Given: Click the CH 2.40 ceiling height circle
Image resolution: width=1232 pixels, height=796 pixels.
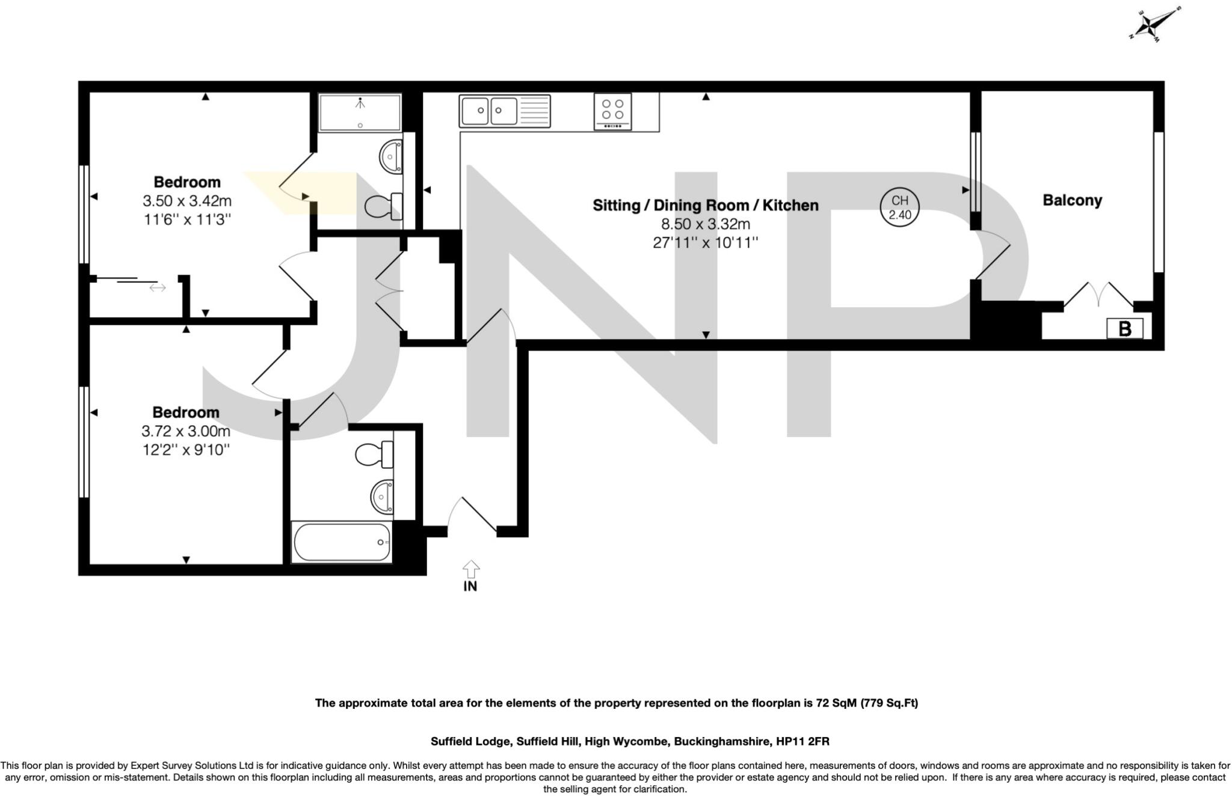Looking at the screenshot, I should (899, 207).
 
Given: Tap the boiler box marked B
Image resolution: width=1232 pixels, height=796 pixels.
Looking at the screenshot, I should (1124, 329).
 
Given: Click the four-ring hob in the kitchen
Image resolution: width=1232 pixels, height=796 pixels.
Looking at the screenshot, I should (612, 111).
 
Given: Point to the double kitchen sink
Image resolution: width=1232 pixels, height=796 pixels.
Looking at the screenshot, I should (504, 111).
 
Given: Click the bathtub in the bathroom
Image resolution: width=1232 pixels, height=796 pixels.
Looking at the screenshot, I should (342, 542).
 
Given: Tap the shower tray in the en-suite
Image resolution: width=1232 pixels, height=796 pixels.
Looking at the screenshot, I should (360, 112).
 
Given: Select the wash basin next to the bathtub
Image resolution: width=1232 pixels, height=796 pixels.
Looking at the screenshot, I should (383, 497).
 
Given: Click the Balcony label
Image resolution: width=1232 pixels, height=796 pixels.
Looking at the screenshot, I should (1072, 200).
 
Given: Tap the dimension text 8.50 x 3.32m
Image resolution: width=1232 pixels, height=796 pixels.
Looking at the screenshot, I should (706, 224).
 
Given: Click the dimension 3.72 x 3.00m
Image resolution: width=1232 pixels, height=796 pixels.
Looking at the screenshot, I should (186, 431).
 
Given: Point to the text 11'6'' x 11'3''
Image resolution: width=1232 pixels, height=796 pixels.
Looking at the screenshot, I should (187, 219).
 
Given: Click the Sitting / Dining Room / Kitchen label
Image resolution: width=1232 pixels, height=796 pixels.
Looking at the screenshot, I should (706, 206).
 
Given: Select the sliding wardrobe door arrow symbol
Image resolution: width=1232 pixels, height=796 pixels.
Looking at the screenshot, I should (158, 288).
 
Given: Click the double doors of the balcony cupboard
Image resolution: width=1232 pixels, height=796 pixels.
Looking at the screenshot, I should (1098, 295).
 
